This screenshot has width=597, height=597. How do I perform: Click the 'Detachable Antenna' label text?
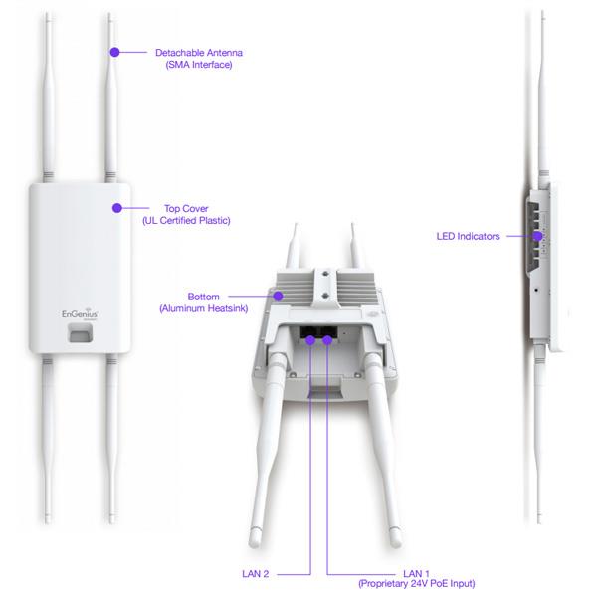pyautogui.click(x=199, y=53)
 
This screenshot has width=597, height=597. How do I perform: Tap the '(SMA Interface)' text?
pyautogui.click(x=199, y=65)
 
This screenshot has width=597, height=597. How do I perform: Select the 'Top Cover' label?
pyautogui.click(x=186, y=209)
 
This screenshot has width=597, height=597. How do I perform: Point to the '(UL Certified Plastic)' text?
pyautogui.click(x=186, y=221)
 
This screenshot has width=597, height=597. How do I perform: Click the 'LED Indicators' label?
pyautogui.click(x=468, y=236)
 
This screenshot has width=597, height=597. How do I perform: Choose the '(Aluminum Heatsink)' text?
pyautogui.click(x=203, y=308)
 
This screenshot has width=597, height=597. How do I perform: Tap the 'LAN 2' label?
pyautogui.click(x=255, y=574)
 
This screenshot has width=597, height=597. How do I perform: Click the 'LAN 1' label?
pyautogui.click(x=416, y=574)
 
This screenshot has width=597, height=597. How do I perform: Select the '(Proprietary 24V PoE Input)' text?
pyautogui.click(x=416, y=584)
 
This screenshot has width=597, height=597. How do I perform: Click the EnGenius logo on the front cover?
pyautogui.click(x=80, y=314)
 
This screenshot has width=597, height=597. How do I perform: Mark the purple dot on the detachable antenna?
pyautogui.click(x=114, y=52)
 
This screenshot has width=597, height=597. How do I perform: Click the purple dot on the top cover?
pyautogui.click(x=117, y=208)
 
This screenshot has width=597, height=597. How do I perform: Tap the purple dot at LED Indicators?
pyautogui.click(x=537, y=236)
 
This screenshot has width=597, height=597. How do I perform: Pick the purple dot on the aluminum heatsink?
pyautogui.click(x=279, y=296)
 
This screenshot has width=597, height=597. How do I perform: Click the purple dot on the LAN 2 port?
pyautogui.click(x=310, y=340)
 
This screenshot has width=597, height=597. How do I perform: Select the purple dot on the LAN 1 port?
pyautogui.click(x=327, y=340)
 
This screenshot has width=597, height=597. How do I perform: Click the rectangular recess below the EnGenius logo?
pyautogui.click(x=80, y=333)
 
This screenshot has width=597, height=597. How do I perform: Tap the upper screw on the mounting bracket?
pyautogui.click(x=325, y=274)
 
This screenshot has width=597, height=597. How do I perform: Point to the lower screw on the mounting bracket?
pyautogui.click(x=325, y=296)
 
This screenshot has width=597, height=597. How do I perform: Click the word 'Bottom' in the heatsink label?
pyautogui.click(x=203, y=297)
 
